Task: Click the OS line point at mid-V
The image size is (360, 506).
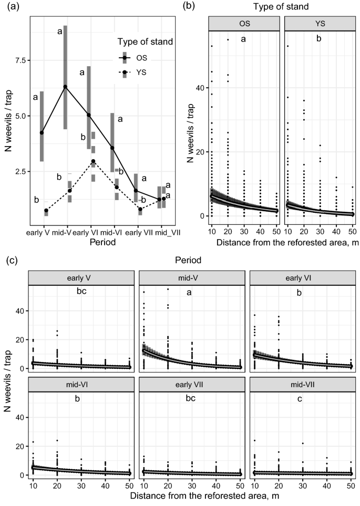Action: [x=65, y=87]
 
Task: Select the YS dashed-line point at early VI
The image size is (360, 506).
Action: [x=93, y=161]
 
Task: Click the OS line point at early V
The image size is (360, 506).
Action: [x=42, y=132]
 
